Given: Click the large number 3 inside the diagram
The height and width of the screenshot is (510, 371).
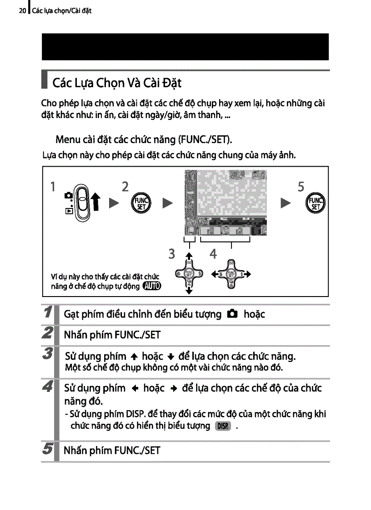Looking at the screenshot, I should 171,254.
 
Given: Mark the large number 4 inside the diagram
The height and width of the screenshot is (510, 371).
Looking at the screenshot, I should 213,254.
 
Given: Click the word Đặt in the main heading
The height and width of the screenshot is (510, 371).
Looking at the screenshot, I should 171,84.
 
